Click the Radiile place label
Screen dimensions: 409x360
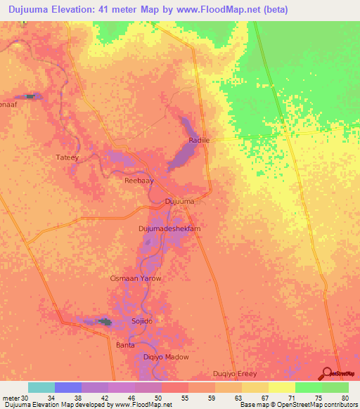point(199,141)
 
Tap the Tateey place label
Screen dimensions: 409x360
point(67,157)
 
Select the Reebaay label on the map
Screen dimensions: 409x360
point(139,181)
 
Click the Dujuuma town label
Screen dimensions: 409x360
point(179,202)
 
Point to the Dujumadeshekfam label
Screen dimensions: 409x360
point(169,229)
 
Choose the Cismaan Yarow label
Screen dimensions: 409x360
point(136,278)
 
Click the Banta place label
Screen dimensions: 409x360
point(125,345)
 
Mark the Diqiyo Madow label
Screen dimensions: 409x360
point(166,357)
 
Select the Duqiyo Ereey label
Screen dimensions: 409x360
point(236,373)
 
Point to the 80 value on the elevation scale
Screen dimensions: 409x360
point(345,398)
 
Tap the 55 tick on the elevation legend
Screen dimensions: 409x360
point(184,398)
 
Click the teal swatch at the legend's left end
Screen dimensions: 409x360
point(41,387)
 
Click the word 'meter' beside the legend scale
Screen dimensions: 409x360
point(9,398)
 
